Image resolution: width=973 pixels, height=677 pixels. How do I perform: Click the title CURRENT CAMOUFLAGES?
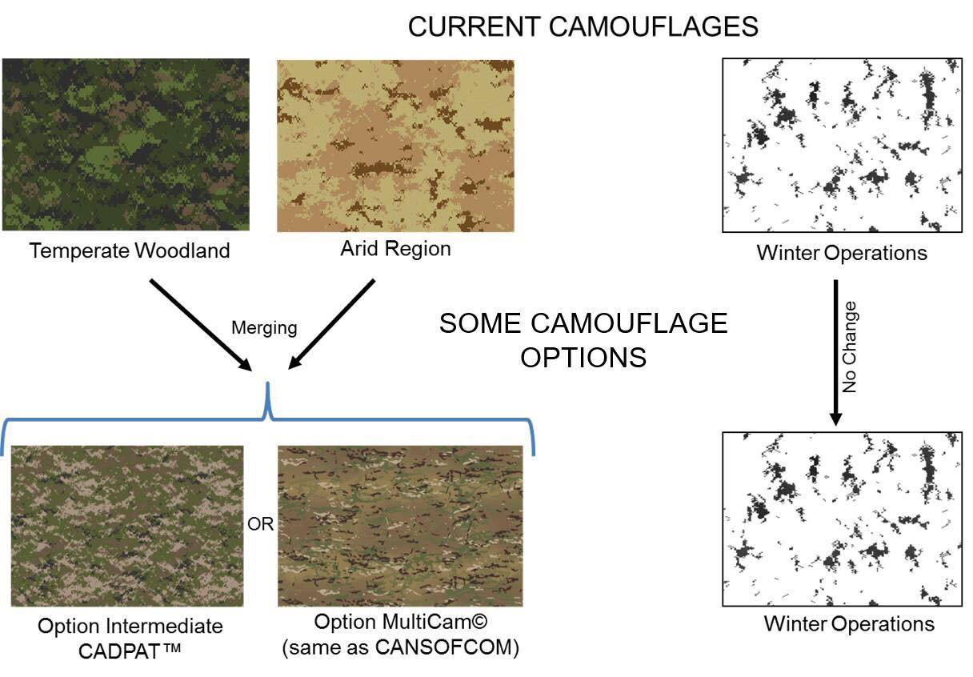583,26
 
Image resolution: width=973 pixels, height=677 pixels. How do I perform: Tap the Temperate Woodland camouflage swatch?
126,145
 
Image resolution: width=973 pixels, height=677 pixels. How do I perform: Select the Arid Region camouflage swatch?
396,146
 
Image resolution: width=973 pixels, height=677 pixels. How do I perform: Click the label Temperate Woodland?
130,250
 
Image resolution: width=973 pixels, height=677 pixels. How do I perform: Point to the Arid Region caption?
395,249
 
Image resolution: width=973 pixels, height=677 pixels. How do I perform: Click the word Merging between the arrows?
264,328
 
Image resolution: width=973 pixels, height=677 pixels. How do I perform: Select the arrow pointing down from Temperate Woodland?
201,325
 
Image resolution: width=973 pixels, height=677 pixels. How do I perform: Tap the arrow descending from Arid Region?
331,324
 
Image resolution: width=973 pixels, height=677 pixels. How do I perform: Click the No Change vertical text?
849,347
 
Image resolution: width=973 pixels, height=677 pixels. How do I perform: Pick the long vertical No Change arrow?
835,352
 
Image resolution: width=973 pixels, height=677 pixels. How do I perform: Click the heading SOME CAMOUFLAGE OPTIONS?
583,340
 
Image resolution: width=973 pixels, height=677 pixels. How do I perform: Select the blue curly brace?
267,419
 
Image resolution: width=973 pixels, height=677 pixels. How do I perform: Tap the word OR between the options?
260,524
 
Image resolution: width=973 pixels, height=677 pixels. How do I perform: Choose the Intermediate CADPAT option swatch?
127,527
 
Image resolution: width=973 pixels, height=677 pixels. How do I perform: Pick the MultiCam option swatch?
400,527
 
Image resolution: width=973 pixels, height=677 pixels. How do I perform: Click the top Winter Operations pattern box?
842,145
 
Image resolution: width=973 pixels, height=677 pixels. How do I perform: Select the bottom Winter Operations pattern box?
842,519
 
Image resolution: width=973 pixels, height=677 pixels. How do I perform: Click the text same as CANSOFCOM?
401,647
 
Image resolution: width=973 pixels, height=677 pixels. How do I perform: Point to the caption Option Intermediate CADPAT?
130,639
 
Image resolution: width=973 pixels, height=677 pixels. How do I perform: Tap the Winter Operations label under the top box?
842,253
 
